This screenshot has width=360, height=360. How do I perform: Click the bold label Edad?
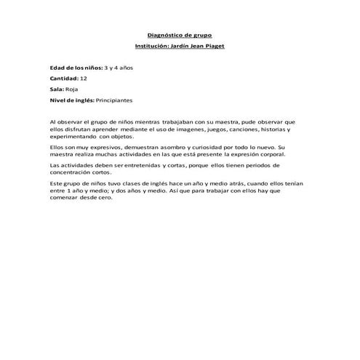(x=58, y=67)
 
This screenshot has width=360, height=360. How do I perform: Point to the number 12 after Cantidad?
(x=84, y=77)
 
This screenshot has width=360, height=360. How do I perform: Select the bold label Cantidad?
(x=63, y=77)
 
